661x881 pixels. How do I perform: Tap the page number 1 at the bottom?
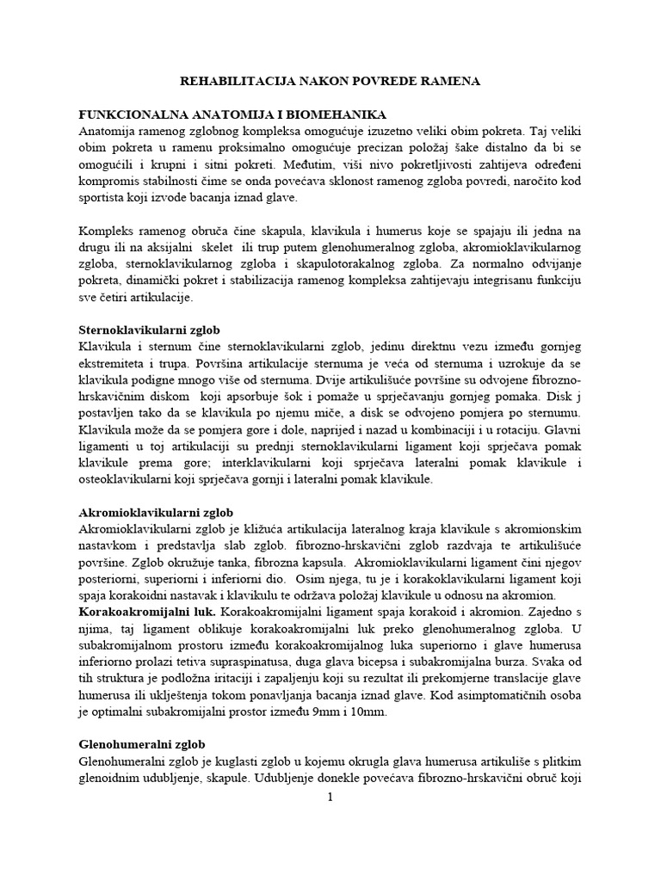pos(330,798)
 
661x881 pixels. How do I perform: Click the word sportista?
pos(103,197)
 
